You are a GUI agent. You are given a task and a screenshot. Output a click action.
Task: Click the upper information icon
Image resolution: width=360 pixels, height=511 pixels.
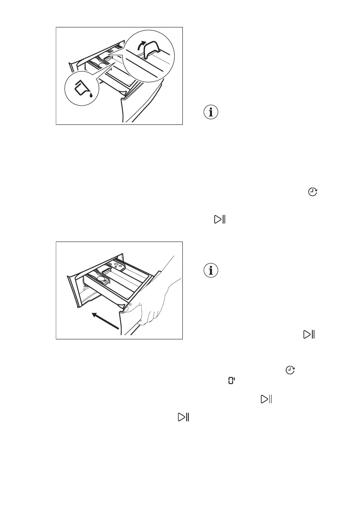pyautogui.click(x=210, y=112)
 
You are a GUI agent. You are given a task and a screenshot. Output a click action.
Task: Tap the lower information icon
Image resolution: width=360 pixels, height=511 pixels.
pyautogui.click(x=210, y=270)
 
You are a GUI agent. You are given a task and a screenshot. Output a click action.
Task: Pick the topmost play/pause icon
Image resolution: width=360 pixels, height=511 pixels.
pyautogui.click(x=220, y=220)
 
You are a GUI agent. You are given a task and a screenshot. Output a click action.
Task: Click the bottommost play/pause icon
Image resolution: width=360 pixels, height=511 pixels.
pyautogui.click(x=184, y=417)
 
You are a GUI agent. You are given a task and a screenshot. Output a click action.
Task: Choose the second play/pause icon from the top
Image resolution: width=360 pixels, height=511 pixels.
pyautogui.click(x=309, y=335)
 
